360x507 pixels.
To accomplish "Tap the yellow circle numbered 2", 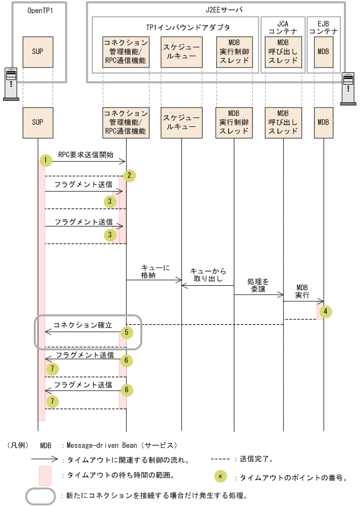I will click(x=130, y=176).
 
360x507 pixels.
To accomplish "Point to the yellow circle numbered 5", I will click(x=126, y=331).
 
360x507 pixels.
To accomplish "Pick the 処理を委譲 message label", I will click(x=258, y=285).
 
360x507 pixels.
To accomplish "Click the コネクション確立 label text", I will click(x=83, y=325).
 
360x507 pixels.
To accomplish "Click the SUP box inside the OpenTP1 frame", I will click(x=37, y=51).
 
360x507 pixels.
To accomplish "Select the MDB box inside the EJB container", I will click(x=323, y=51).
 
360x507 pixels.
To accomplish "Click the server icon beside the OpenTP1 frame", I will click(x=11, y=83).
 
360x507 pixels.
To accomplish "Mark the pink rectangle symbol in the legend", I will click(x=45, y=475).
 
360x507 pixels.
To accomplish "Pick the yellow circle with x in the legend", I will click(x=220, y=476).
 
